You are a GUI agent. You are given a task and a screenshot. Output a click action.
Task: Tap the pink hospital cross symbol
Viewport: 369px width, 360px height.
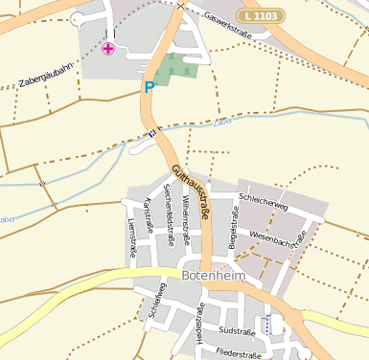point(107,48)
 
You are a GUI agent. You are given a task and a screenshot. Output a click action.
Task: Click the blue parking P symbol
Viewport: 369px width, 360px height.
point(149,87)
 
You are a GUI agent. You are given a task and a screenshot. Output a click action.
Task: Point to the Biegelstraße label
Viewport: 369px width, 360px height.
point(232,223)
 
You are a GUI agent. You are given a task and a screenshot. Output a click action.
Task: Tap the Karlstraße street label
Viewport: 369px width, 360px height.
point(149,215)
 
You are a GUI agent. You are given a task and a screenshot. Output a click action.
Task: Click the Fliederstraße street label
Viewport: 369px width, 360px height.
point(239,354)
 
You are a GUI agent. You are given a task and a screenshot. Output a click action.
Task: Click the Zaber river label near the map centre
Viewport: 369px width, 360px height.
point(222,123)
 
